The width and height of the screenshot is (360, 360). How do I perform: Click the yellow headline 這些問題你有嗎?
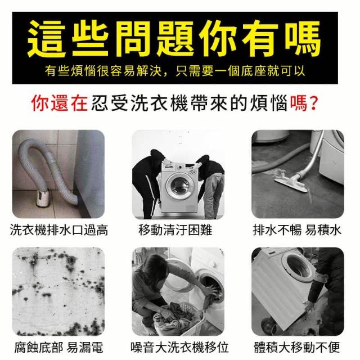174,38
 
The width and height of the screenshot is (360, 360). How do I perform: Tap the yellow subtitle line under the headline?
175,70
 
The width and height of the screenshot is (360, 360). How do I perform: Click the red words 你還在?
60,103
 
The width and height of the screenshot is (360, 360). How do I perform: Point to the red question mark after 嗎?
313,103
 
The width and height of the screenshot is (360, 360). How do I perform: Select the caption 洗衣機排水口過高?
58,230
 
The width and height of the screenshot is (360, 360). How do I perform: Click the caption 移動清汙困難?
175,230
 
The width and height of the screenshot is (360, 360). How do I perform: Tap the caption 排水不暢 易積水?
297,230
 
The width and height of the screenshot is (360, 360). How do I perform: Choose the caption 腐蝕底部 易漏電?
58,348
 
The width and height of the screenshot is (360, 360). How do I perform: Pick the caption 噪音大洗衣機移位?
179,348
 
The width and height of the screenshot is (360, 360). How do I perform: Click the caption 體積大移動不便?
296,348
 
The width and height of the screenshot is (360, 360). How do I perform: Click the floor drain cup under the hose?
42,197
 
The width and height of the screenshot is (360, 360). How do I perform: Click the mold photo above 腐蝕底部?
58,291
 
